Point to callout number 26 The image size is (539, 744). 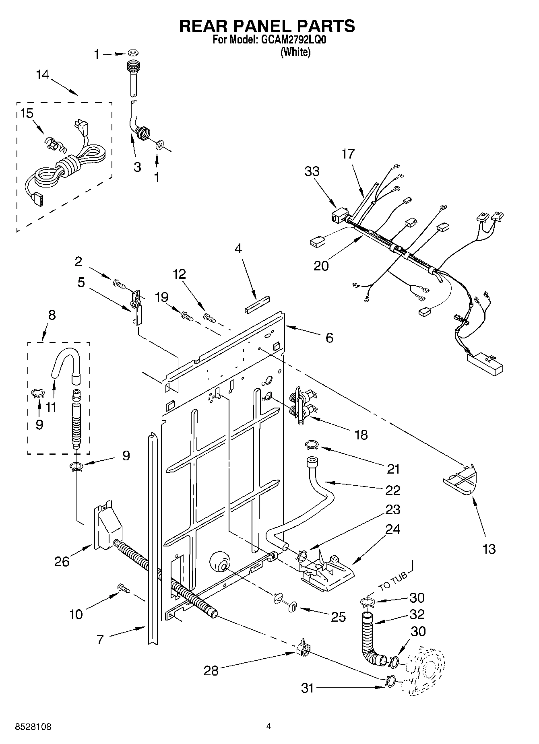pyautogui.click(x=62, y=561)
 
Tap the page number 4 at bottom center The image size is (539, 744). pyautogui.click(x=269, y=726)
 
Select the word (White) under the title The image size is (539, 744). pyautogui.click(x=295, y=52)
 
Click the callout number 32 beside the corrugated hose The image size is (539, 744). pyautogui.click(x=417, y=614)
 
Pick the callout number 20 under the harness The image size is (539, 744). pyautogui.click(x=321, y=266)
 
